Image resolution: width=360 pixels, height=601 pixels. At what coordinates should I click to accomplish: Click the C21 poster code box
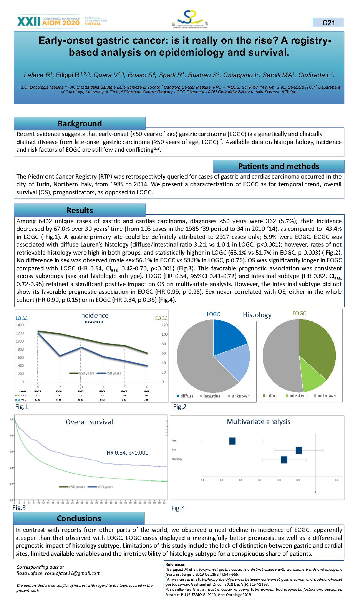pos(328,23)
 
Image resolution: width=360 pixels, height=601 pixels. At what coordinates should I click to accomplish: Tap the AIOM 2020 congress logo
pos(48,21)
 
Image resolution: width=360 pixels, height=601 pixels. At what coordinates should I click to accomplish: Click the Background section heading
pos(80,124)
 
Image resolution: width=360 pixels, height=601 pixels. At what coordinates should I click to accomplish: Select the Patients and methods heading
pos(279,166)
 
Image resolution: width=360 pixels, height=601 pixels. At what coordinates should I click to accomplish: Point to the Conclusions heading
pos(79,518)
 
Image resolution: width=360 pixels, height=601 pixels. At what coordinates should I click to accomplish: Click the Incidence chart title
pos(94,315)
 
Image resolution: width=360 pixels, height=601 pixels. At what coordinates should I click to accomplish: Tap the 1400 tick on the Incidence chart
pos(20,325)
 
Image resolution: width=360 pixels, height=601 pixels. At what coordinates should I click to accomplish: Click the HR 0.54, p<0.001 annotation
pos(127,453)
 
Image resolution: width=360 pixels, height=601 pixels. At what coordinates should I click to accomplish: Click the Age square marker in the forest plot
pos(232,441)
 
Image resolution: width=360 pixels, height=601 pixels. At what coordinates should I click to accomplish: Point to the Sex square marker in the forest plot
pos(299,450)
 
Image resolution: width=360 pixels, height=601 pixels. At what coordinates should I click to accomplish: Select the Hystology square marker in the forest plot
pos(284,460)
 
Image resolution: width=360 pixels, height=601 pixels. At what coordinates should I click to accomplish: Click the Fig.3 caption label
pos(19,508)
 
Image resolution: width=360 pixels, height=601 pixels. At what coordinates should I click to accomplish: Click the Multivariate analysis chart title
pos(259,422)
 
